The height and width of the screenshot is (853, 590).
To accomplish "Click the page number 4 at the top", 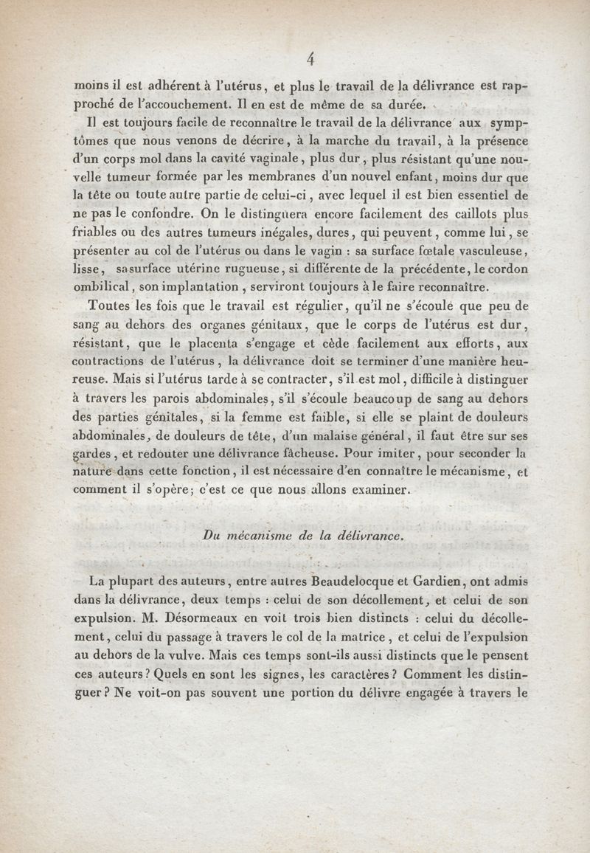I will point(310,59).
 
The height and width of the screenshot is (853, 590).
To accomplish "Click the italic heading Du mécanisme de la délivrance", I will point(303,537).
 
